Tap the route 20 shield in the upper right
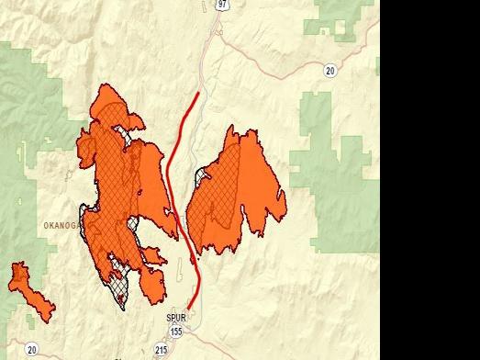click(x=329, y=70)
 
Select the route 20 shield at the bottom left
click(x=32, y=349)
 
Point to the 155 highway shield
click(x=175, y=332)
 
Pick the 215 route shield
click(x=162, y=350)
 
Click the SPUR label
click(x=175, y=319)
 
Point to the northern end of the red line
click(x=197, y=94)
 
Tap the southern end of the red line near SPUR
click(x=189, y=309)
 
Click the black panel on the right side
click(x=430, y=180)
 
